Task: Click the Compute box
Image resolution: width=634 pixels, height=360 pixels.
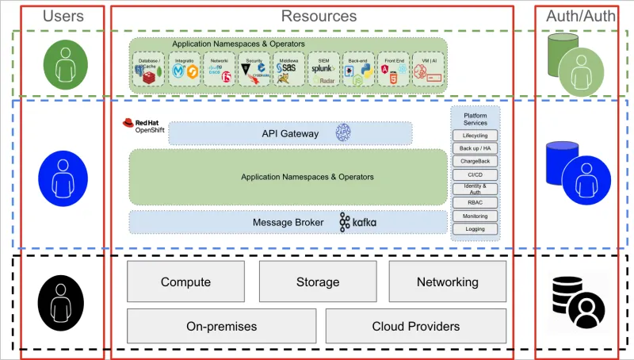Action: click(185, 282)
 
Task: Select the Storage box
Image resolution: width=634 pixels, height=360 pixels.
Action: click(318, 282)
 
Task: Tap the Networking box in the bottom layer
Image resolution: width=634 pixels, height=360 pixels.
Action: click(447, 282)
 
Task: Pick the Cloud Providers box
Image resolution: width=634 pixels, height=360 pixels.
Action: click(415, 326)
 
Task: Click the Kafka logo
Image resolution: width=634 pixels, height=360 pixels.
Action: click(357, 223)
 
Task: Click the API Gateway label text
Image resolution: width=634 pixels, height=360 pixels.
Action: click(290, 133)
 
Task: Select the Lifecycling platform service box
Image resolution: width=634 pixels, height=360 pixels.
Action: click(475, 136)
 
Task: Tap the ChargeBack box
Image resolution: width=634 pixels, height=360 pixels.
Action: click(475, 162)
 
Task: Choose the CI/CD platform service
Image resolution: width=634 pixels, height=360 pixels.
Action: click(475, 174)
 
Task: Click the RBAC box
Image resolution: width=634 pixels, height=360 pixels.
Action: click(475, 202)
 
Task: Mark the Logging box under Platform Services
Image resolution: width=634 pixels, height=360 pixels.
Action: click(475, 229)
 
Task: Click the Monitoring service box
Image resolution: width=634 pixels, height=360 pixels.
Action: click(475, 216)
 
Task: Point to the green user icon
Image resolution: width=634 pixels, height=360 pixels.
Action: click(62, 65)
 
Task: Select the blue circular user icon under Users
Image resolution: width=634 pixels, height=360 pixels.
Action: click(62, 176)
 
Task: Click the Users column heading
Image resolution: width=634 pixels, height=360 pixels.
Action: click(63, 16)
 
